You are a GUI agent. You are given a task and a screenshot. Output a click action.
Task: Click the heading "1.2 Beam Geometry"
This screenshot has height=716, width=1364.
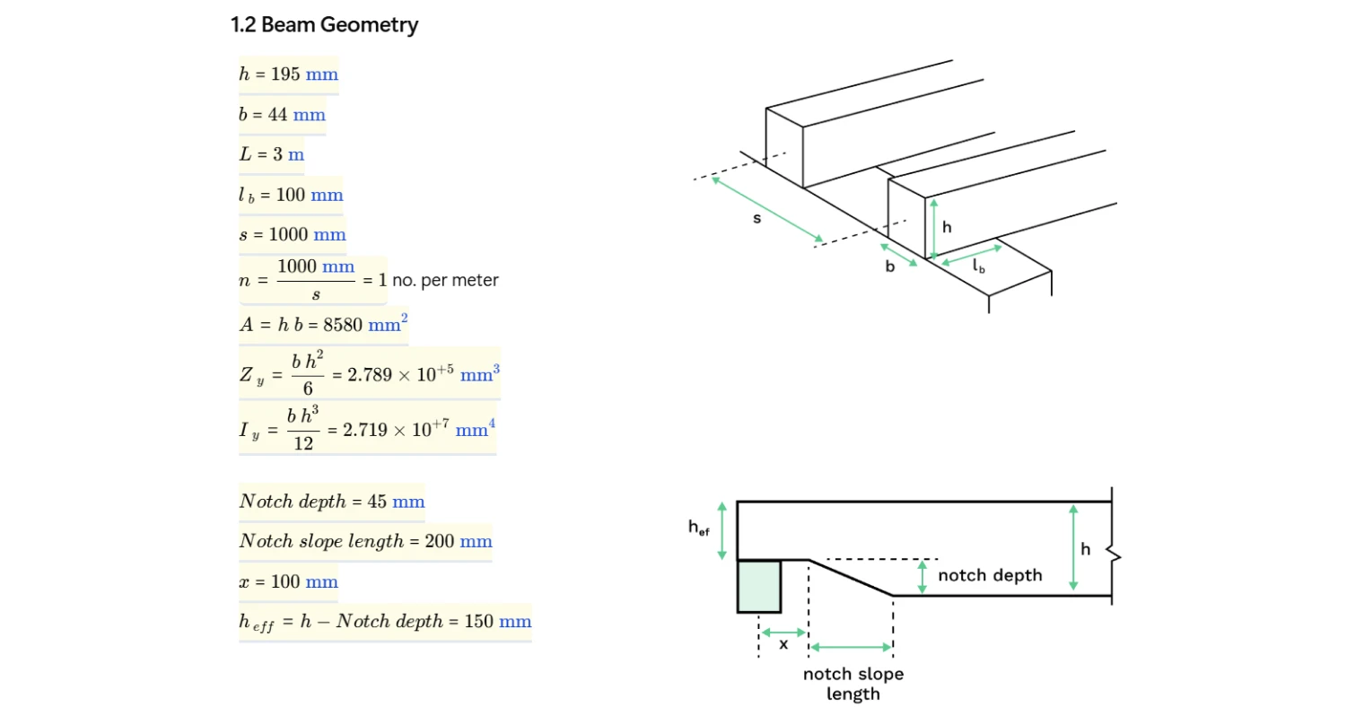click(324, 25)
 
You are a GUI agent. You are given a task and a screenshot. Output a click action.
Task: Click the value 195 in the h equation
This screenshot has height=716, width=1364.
click(285, 74)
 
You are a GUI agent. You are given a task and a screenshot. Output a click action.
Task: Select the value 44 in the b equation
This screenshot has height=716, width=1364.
click(277, 115)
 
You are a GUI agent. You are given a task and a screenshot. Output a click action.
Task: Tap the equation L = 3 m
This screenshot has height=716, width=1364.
click(271, 154)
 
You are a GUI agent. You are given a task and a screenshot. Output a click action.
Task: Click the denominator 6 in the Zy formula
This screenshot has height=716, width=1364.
click(308, 389)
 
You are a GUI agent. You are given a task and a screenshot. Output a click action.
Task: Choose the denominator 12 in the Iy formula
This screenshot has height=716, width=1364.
click(303, 443)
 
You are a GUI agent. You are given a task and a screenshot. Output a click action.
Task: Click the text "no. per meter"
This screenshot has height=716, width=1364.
click(445, 280)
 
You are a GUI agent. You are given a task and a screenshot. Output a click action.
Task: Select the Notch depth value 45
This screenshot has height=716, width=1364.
click(377, 502)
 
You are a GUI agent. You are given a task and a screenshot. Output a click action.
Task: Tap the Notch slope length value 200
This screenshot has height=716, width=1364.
click(439, 541)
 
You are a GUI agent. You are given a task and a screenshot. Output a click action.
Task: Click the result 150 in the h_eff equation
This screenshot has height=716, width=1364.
click(478, 621)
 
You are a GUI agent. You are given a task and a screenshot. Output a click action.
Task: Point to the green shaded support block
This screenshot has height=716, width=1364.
click(758, 586)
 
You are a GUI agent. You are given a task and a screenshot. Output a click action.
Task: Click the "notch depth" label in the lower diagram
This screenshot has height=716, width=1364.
click(990, 575)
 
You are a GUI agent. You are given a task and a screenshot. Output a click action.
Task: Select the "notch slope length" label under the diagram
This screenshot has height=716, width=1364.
click(852, 684)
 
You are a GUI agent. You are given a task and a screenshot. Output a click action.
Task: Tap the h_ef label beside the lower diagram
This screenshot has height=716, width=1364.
click(698, 528)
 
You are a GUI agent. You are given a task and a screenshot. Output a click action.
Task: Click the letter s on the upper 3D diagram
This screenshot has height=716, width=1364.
click(756, 218)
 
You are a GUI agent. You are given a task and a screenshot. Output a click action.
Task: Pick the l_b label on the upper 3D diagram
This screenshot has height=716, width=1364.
click(978, 266)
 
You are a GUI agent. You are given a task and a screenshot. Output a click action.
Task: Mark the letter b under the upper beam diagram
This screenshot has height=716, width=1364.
click(889, 266)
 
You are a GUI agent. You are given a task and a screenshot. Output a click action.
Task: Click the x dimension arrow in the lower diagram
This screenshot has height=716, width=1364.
click(783, 633)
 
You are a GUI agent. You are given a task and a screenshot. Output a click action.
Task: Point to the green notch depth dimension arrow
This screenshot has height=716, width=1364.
click(922, 577)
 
